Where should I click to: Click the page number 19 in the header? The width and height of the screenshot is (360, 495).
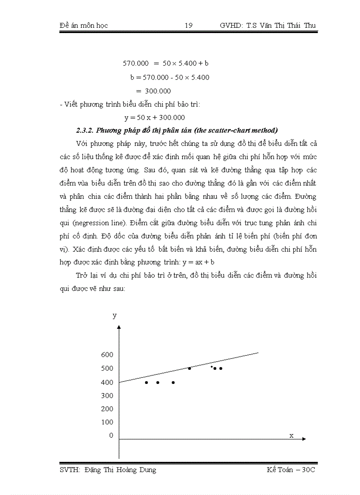tap(188, 26)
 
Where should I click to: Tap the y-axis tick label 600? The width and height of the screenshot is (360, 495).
tap(107, 355)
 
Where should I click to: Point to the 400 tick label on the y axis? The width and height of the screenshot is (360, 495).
tap(107, 382)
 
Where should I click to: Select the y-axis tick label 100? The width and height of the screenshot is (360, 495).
tap(107, 422)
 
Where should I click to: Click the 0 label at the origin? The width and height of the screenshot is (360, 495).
tap(111, 435)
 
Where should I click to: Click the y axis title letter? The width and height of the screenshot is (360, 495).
tap(115, 315)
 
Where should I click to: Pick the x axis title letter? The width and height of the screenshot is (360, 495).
tap(291, 435)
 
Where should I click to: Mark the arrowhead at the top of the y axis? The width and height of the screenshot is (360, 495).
tap(119, 327)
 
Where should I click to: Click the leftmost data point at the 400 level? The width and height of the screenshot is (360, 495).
tap(146, 383)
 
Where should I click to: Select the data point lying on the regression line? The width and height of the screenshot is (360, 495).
tap(190, 368)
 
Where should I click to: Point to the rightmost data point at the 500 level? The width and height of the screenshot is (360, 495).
tap(221, 368)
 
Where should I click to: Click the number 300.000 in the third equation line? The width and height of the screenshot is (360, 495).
tap(154, 91)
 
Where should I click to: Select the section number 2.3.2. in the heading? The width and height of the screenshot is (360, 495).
tap(85, 130)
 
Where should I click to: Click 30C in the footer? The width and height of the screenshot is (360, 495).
tap(307, 470)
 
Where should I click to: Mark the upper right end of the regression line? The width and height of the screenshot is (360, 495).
tap(258, 352)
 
